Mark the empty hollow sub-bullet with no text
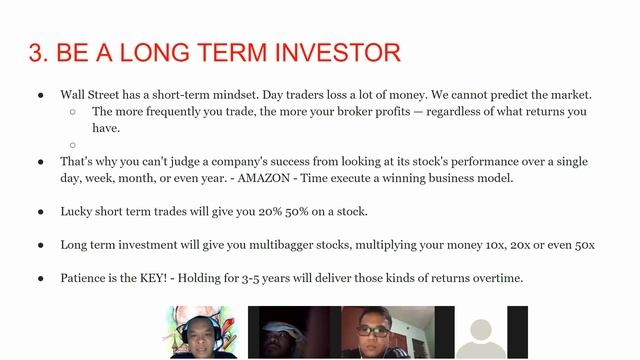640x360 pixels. tap(74, 144)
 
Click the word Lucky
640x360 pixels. tap(77, 212)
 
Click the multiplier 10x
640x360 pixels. tap(493, 245)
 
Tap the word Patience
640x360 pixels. tap(86, 278)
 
